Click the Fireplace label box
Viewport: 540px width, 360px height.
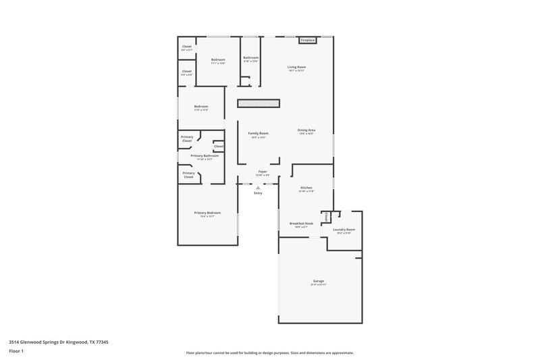[308, 41]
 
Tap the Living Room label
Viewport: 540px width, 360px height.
[297, 67]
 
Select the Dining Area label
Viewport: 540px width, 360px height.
[306, 130]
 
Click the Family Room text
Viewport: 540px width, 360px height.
[258, 134]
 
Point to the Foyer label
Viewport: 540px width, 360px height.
[263, 172]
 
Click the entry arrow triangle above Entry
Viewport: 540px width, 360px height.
[258, 188]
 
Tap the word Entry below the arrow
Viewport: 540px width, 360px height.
[258, 194]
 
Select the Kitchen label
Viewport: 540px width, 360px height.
[306, 188]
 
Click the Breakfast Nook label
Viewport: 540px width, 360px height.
[301, 224]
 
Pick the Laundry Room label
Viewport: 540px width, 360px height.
[344, 230]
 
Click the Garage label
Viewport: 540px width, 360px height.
[318, 281]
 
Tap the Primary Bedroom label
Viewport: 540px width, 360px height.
[207, 213]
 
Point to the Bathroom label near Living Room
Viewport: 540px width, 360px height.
[251, 58]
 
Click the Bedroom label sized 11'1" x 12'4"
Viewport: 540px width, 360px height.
[217, 60]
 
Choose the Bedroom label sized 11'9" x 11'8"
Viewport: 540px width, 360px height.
[201, 107]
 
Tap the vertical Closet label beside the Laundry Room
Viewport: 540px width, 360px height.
[326, 217]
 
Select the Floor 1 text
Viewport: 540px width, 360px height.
[16, 352]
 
